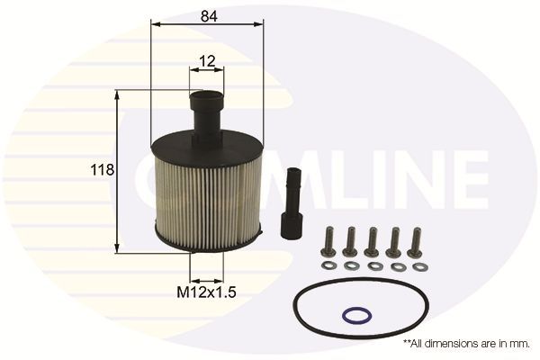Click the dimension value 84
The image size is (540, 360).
209,15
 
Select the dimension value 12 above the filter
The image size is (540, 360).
207,62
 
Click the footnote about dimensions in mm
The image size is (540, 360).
467,344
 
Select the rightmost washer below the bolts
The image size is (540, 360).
418,266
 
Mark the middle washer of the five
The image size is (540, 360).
373,266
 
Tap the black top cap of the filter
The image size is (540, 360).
207,146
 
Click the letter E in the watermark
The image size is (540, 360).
463,179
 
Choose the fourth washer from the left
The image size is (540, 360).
396,266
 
